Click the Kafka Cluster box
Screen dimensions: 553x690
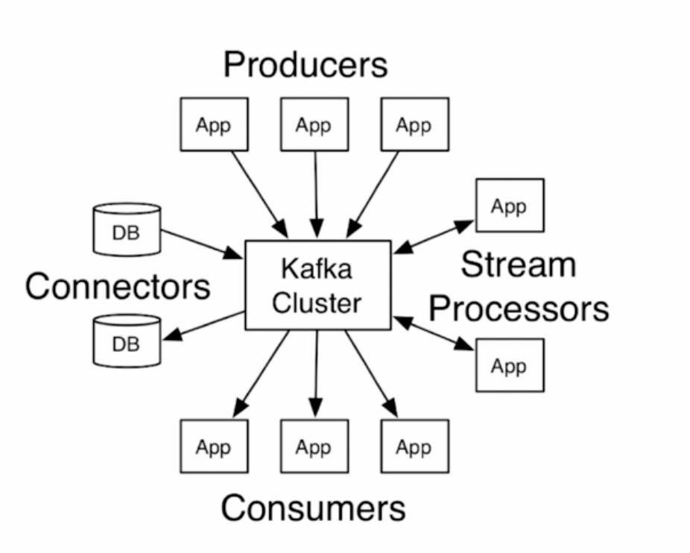(x=317, y=285)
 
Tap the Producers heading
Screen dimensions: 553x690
(x=306, y=65)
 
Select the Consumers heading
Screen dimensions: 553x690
(x=313, y=508)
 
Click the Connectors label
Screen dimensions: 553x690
(x=118, y=286)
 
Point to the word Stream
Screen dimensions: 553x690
(x=519, y=265)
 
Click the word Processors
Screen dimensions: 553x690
(x=519, y=307)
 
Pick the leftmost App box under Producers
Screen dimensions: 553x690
(x=214, y=124)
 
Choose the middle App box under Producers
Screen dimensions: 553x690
(x=314, y=124)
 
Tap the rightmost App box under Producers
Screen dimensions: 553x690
(x=414, y=124)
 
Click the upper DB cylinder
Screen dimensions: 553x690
(x=127, y=229)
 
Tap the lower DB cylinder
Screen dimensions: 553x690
(x=127, y=341)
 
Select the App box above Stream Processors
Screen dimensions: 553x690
(x=510, y=205)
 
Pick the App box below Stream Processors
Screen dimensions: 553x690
(x=510, y=365)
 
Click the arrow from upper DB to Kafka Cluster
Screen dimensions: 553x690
(x=201, y=244)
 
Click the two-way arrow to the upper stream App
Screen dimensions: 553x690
(x=434, y=236)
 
